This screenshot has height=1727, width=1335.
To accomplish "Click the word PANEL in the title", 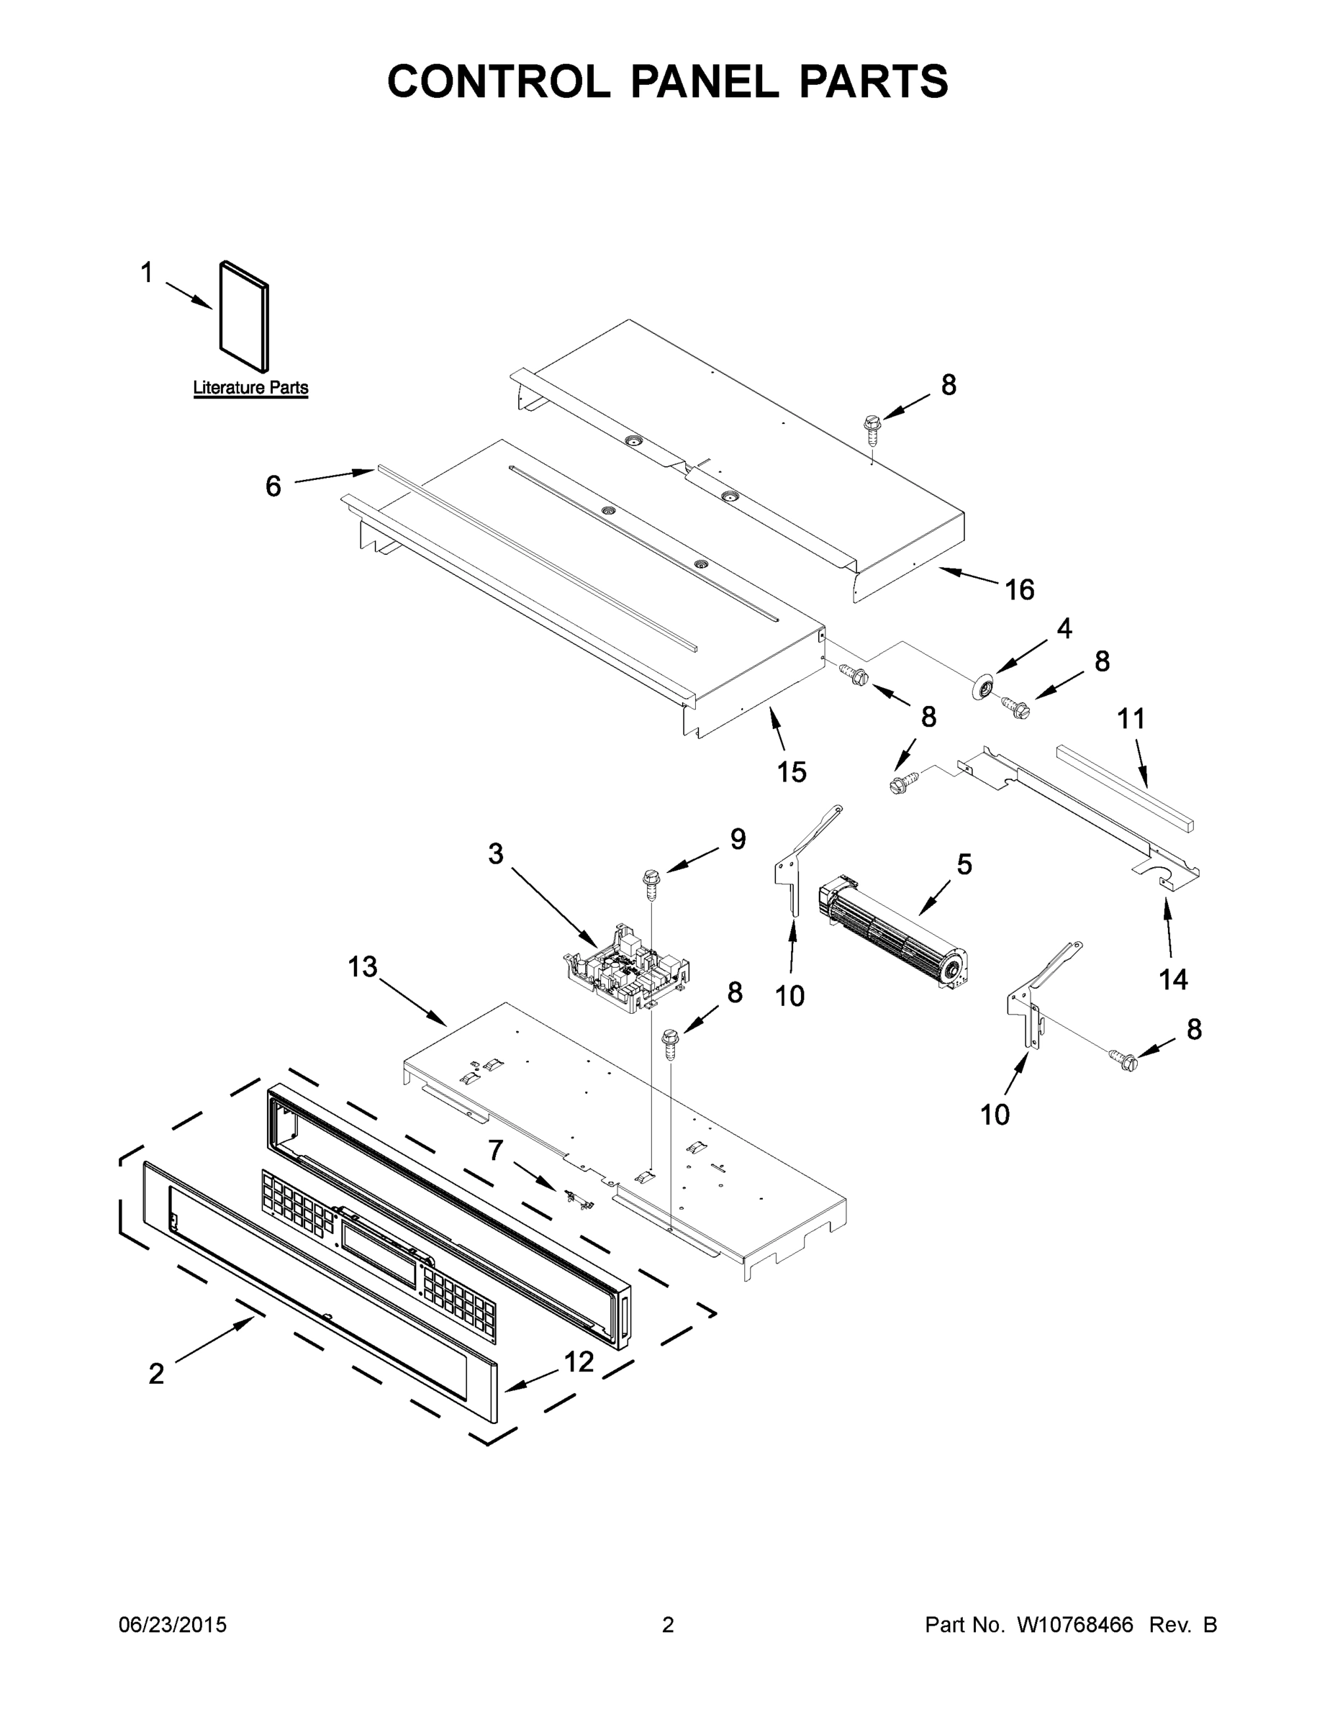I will click(703, 81).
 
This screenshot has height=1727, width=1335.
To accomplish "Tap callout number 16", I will click(1020, 589).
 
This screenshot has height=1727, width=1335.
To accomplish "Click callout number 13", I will click(363, 966).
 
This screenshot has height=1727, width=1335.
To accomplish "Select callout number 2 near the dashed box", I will click(157, 1374).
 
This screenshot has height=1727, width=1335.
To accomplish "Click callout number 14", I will click(1173, 980).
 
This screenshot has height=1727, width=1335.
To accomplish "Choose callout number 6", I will click(273, 486).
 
